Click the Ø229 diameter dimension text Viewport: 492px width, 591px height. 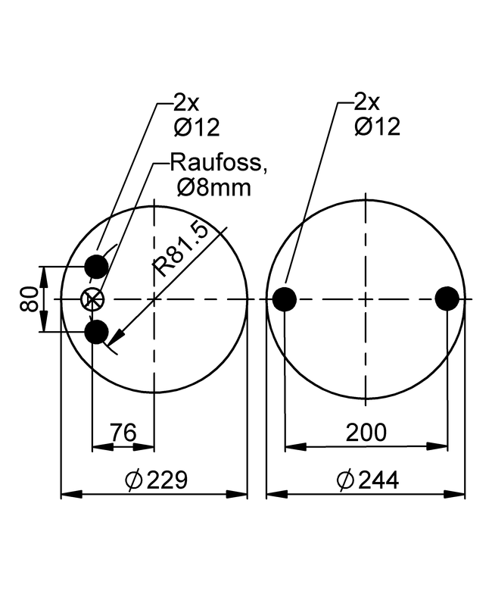156,480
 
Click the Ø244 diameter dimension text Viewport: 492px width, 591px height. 367,480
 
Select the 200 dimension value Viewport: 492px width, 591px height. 366,433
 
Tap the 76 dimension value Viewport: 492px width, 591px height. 123,433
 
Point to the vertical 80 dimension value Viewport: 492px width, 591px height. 29,299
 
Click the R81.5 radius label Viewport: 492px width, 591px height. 181,249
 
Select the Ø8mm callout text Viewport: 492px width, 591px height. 213,187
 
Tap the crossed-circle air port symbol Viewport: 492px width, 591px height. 92,299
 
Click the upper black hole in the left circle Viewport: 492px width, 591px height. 96,267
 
